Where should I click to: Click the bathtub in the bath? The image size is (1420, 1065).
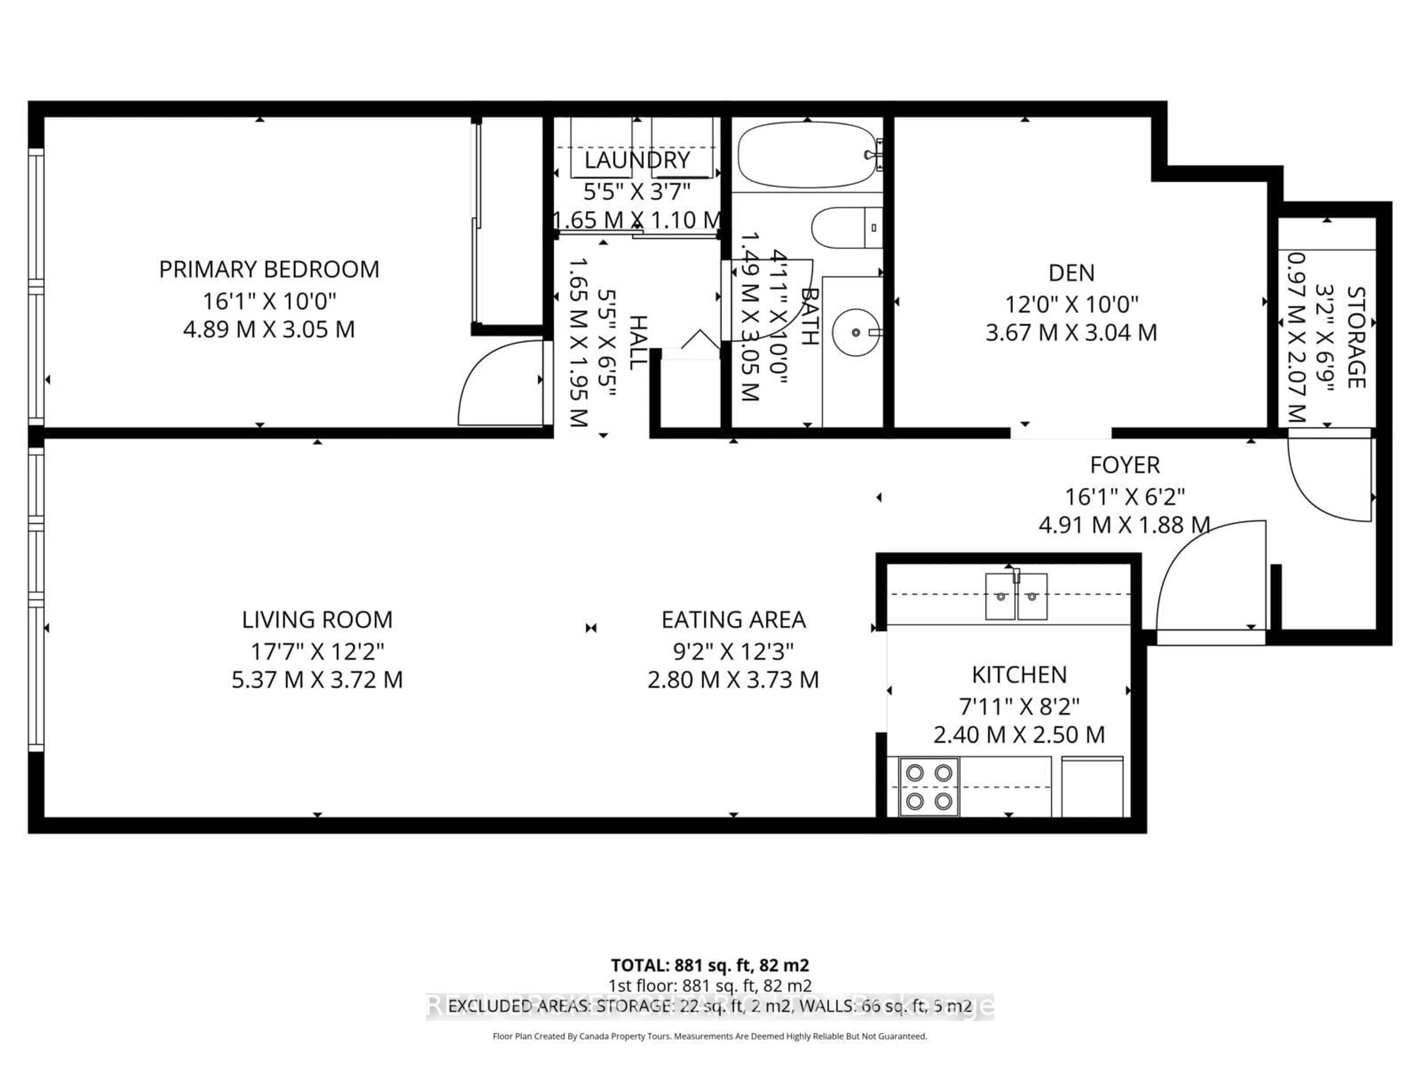(806, 155)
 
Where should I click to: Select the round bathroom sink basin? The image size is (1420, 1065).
(856, 332)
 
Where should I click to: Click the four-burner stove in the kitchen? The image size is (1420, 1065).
(929, 787)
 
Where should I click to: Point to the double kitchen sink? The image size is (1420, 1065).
(1016, 596)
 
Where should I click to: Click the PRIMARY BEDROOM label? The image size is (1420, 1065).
(269, 269)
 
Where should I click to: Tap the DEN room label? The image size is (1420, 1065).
(1071, 273)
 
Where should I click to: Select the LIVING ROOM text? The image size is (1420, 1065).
(317, 619)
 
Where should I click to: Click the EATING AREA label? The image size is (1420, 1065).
(733, 619)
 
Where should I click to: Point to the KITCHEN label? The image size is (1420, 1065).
(1019, 675)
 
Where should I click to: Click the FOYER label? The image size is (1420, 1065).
(1125, 465)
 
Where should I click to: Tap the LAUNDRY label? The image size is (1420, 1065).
(637, 160)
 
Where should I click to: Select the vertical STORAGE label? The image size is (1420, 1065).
(1355, 337)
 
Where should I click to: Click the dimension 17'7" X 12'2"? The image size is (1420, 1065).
(317, 652)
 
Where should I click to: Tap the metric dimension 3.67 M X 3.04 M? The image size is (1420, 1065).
(1071, 332)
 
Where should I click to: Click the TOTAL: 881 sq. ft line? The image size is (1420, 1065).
(709, 965)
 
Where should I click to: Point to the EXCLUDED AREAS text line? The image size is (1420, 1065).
(709, 1006)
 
